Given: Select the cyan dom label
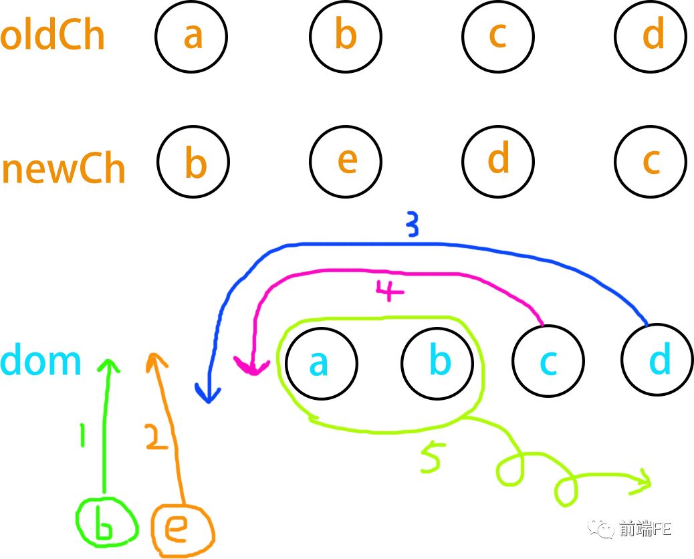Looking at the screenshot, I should pos(41,361).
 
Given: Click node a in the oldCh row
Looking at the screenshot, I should pos(192,36).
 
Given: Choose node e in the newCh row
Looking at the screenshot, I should pos(345,161).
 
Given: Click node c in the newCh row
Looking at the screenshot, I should pos(651,162).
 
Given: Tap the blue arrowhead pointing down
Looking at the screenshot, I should pos(209,395).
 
